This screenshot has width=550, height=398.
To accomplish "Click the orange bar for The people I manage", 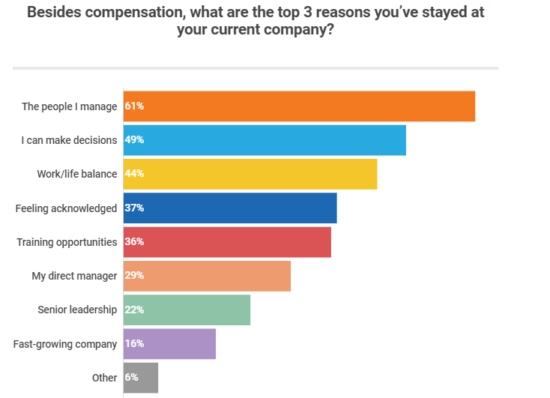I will (300, 106).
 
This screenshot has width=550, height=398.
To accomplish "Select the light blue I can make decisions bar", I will (265, 140).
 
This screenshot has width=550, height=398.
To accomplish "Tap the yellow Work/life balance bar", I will (250, 174).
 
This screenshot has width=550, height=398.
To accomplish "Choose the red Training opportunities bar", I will (228, 242).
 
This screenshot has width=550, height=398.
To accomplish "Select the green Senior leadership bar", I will (187, 310).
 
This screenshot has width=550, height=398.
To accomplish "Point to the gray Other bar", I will (142, 378).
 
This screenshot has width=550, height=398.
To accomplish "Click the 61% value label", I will (135, 106).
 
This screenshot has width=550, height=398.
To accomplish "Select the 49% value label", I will (135, 140).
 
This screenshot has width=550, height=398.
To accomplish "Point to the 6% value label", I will (132, 378).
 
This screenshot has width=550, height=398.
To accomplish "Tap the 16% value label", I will (135, 343).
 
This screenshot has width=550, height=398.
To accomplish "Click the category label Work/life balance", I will (77, 174).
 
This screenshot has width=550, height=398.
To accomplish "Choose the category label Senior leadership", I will (77, 310).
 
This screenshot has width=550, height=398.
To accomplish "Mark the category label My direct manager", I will (74, 276).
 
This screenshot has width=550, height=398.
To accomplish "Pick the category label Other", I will (105, 378).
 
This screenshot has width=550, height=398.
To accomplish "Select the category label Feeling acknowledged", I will (66, 208).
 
